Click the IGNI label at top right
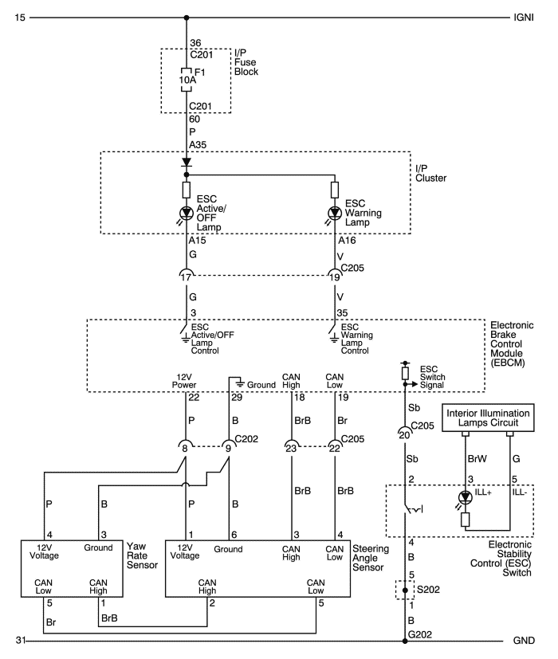[x=523, y=18]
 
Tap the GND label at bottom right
[x=524, y=641]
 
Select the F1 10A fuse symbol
[x=187, y=80]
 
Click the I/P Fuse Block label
[x=246, y=62]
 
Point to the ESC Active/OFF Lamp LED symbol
[x=187, y=213]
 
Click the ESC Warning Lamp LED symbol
[x=335, y=213]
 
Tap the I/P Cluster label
[x=430, y=173]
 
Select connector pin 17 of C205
[x=186, y=277]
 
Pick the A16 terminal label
[x=347, y=241]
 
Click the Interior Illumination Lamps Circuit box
[x=488, y=418]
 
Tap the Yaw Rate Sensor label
[x=142, y=555]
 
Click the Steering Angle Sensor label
[x=371, y=558]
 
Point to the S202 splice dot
[x=405, y=590]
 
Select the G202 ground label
[x=420, y=634]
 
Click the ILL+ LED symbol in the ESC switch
[x=465, y=497]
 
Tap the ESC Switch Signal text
[x=432, y=377]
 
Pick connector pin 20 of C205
[x=404, y=434]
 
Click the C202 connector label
[x=246, y=439]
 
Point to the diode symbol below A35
[x=187, y=163]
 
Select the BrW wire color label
[x=477, y=458]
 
